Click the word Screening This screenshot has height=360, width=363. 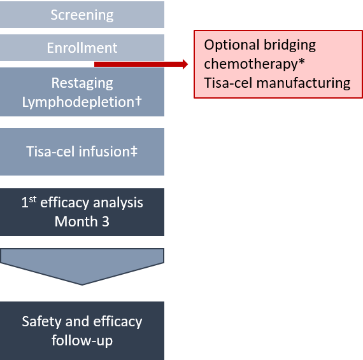[82, 15]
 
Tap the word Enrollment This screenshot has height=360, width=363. [82, 48]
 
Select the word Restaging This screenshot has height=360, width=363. [82, 83]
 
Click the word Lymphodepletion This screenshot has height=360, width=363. [78, 102]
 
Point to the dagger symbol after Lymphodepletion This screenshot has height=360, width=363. [138, 101]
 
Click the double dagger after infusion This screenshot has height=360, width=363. [134, 151]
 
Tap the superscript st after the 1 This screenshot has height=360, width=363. [32, 199]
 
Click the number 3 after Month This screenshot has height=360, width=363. [106, 221]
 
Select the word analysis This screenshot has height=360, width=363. [118, 204]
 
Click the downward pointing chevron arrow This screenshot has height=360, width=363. [82, 267]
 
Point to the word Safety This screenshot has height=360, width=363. [41, 322]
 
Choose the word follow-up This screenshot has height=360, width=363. [82, 341]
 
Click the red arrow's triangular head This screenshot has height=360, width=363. [185, 64]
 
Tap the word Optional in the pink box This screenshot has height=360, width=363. [232, 45]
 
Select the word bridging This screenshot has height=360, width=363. [290, 45]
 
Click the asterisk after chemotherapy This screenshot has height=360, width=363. [301, 62]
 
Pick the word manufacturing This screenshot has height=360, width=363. [303, 83]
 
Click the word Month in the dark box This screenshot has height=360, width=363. [76, 221]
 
